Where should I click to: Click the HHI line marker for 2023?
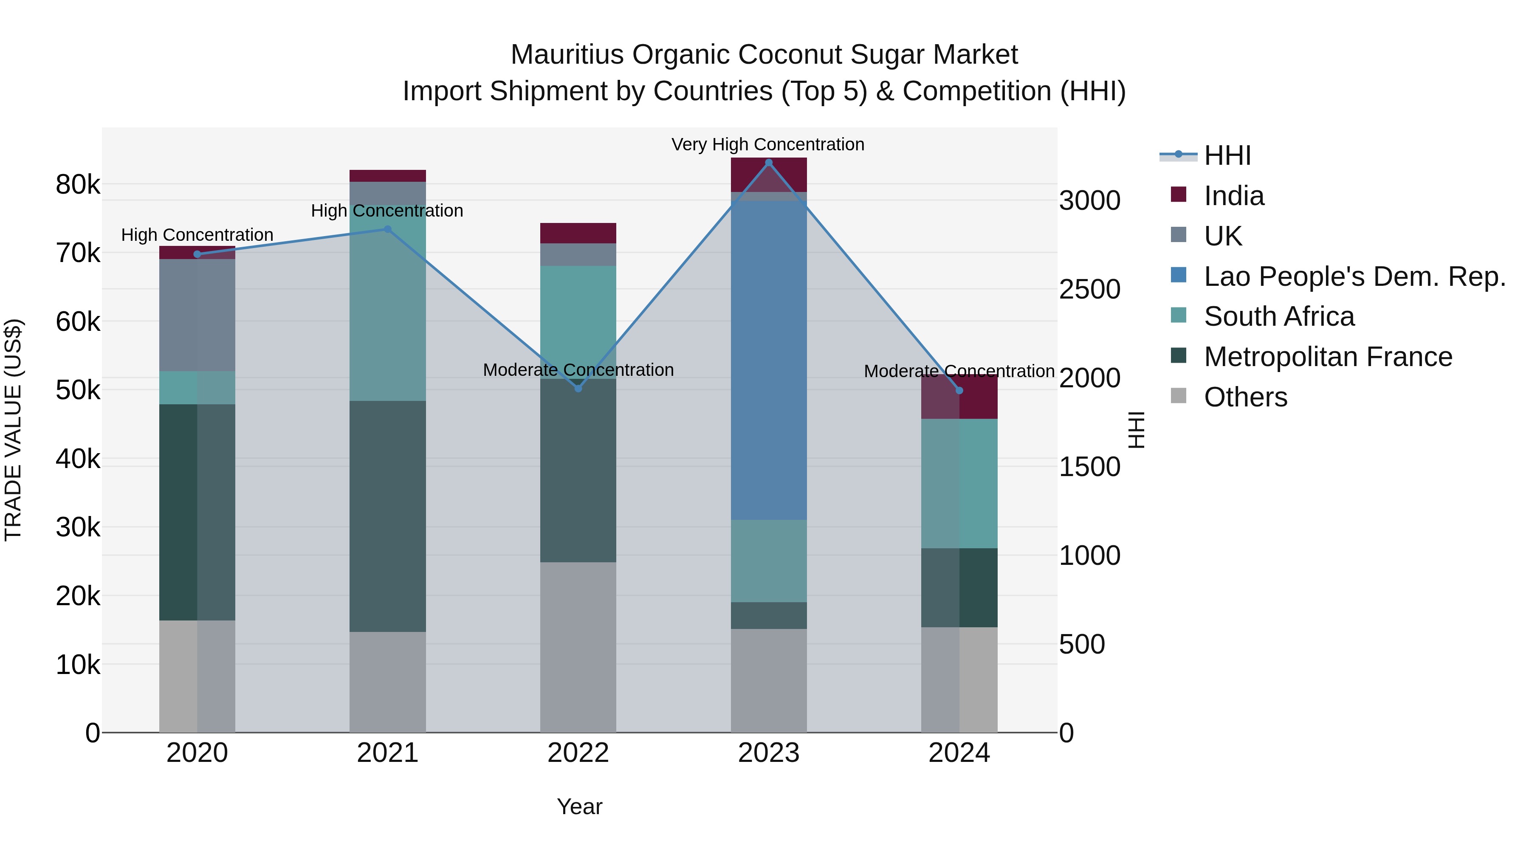pyautogui.click(x=769, y=163)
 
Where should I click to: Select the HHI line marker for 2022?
pyautogui.click(x=578, y=388)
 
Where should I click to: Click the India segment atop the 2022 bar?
pyautogui.click(x=578, y=233)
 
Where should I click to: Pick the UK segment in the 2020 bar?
pyautogui.click(x=197, y=315)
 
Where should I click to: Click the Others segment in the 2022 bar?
pyautogui.click(x=578, y=647)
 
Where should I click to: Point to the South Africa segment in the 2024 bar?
pyautogui.click(x=959, y=483)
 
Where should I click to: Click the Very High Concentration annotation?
pyautogui.click(x=767, y=145)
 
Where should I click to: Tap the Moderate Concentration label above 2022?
pyautogui.click(x=578, y=370)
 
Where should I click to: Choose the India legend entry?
pyautogui.click(x=1233, y=196)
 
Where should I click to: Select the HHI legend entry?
pyautogui.click(x=1227, y=155)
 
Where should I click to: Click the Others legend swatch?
pyautogui.click(x=1178, y=396)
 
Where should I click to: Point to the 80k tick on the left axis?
pyautogui.click(x=78, y=185)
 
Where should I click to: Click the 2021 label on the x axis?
pyautogui.click(x=388, y=753)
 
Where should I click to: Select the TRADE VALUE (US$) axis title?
pyautogui.click(x=13, y=430)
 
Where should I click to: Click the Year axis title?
pyautogui.click(x=579, y=806)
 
